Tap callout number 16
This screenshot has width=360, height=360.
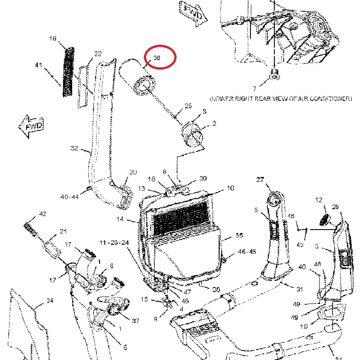pos(53,39)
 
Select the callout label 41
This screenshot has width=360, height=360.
pos(39,65)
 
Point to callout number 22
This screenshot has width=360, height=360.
pos(98,53)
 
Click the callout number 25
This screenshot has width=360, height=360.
pos(188,106)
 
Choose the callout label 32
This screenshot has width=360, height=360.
pos(74,148)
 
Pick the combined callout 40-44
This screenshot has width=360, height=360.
pos(70,197)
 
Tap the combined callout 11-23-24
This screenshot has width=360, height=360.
pos(114,242)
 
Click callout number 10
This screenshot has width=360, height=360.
pos(230,188)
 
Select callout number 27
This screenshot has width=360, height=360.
pos(260,179)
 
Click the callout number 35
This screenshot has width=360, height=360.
pos(239,235)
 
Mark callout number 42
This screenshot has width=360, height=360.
pos(42,214)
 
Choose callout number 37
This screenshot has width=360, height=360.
pos(135,321)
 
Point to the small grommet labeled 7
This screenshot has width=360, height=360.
pos(274,73)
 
